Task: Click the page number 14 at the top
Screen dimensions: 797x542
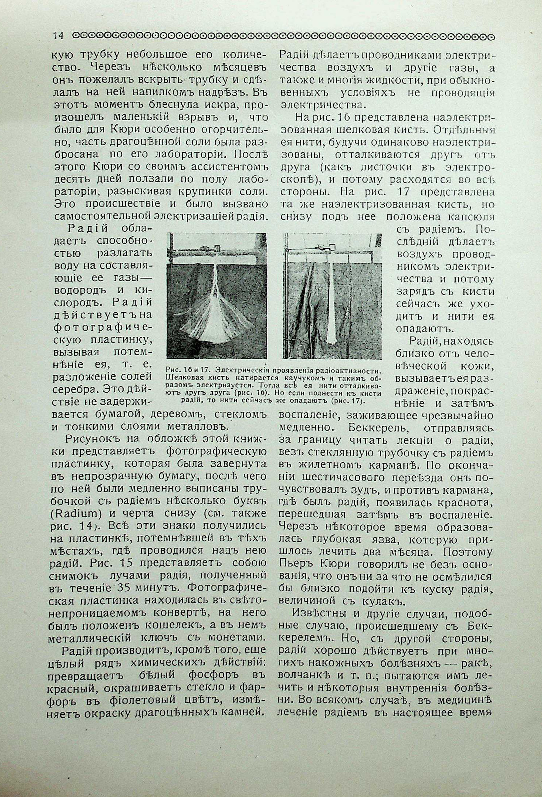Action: pos(58,36)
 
